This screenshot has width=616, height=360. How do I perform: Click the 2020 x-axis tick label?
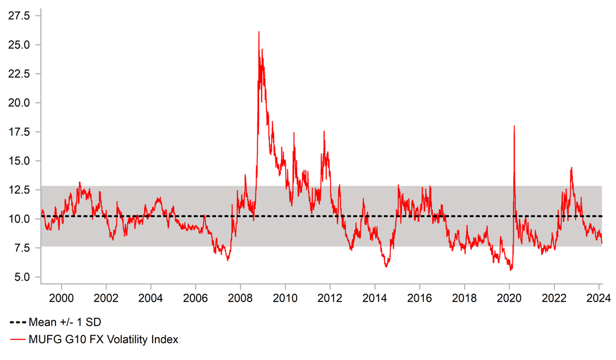click(x=509, y=297)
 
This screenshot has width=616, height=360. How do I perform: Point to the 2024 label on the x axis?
click(x=599, y=297)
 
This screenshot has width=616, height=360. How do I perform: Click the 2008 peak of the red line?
click(x=259, y=32)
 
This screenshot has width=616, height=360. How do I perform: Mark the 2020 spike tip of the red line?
click(x=514, y=126)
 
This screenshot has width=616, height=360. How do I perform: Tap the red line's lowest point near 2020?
click(x=511, y=270)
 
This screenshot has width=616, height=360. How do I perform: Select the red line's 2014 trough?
click(x=386, y=267)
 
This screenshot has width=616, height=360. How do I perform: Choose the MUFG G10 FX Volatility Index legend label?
click(x=103, y=339)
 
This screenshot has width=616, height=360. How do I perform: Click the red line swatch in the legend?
click(x=17, y=339)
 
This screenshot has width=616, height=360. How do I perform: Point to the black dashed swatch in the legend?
click(x=17, y=322)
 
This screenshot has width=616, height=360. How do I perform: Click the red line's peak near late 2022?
click(x=571, y=168)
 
